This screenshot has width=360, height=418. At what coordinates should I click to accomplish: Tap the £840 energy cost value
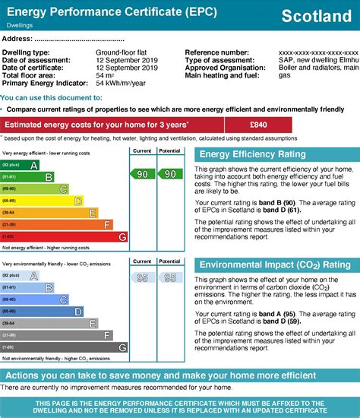(257, 125)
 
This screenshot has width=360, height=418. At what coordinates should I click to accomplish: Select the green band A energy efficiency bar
(21, 164)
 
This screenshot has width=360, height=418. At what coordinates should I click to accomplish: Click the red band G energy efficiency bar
(64, 237)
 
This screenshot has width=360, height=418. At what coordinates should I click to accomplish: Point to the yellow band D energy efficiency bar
(43, 201)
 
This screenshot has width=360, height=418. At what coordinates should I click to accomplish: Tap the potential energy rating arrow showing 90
(169, 174)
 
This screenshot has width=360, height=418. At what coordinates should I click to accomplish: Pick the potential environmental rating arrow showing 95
(169, 278)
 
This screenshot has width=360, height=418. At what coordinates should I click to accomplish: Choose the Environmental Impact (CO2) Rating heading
(274, 264)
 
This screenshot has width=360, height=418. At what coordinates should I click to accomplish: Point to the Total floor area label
(28, 76)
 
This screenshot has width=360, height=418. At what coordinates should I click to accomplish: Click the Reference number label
(216, 52)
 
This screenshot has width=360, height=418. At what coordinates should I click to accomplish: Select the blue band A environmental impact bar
(21, 277)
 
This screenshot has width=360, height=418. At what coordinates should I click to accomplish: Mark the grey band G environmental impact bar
(64, 348)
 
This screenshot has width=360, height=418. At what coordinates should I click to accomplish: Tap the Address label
(17, 38)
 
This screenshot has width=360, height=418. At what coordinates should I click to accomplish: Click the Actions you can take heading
(179, 376)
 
